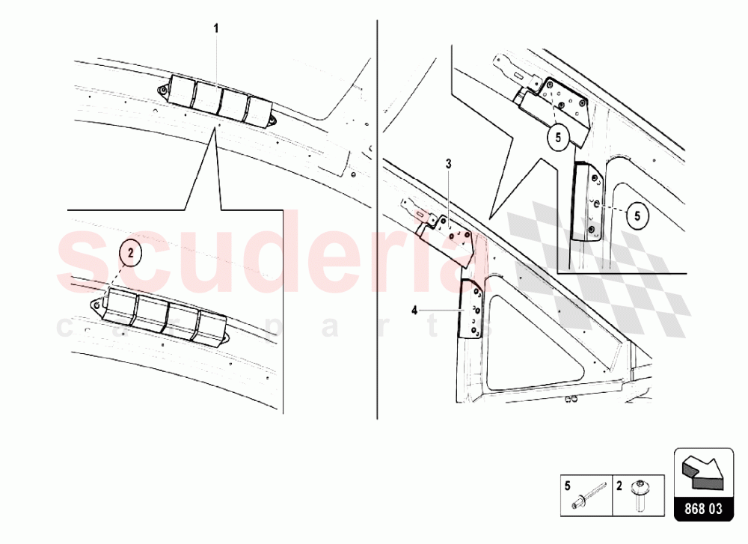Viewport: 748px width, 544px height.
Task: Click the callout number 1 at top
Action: tap(217, 28)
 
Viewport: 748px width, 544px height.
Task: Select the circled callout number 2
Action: tap(130, 254)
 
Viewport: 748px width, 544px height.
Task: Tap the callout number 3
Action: tap(448, 163)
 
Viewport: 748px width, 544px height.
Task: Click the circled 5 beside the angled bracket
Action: tap(557, 136)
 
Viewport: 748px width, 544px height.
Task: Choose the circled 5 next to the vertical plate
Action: tap(637, 216)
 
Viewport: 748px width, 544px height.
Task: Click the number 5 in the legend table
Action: tap(567, 484)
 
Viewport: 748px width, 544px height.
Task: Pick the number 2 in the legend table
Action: tap(620, 484)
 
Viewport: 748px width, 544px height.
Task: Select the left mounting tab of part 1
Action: tap(162, 91)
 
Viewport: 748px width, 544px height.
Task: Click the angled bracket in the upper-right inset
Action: tap(557, 105)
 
